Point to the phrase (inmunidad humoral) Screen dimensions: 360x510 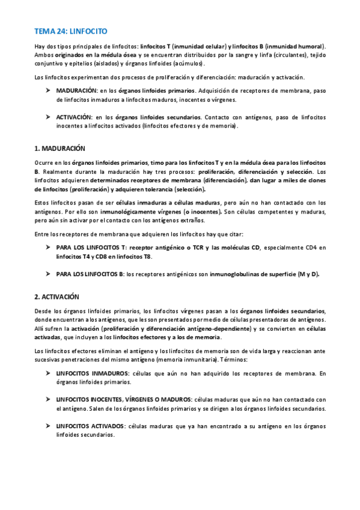tap(295, 46)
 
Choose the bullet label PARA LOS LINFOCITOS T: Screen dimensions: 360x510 tap(91, 247)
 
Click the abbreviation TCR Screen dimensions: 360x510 tap(191, 247)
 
